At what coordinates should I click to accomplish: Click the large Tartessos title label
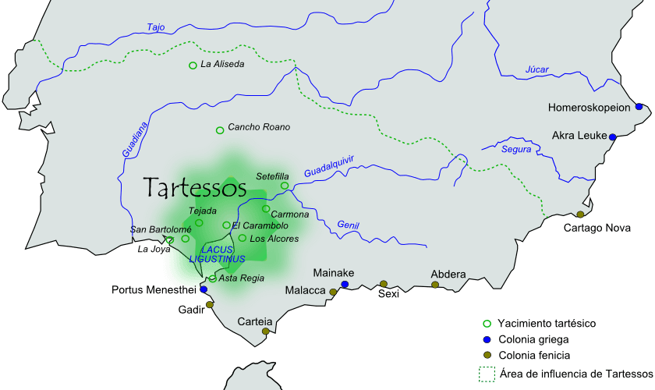click(195, 187)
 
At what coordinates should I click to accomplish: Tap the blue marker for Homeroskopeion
click(639, 107)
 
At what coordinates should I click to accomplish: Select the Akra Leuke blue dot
click(613, 137)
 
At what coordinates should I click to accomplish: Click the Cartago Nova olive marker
click(580, 214)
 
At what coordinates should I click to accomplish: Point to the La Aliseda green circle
click(193, 66)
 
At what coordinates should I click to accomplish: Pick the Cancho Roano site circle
click(220, 129)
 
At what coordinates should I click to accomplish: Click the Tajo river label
click(156, 27)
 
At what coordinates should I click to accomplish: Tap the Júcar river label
click(537, 69)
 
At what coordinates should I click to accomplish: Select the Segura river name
click(516, 149)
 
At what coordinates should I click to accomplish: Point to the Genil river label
click(349, 225)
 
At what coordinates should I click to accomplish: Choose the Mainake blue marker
click(344, 285)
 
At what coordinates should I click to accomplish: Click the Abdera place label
click(448, 275)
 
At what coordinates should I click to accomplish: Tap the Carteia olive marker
click(265, 331)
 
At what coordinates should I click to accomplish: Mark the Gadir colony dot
click(210, 305)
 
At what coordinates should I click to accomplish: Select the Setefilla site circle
click(285, 186)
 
